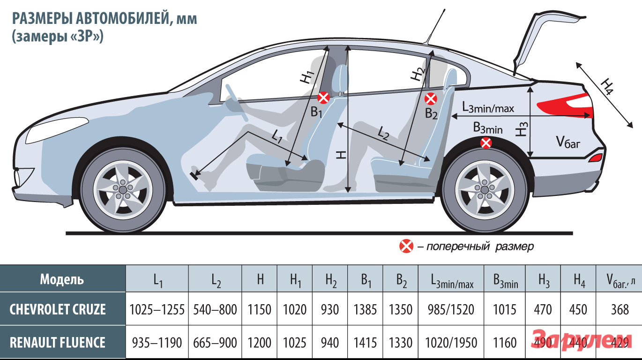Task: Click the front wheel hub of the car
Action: point(123,188)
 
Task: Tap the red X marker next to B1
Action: point(324,97)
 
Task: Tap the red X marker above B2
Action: point(431,99)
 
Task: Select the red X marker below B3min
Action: point(486,143)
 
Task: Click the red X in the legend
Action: point(406,246)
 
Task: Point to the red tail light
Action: point(567,107)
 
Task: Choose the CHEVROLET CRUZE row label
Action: point(58,309)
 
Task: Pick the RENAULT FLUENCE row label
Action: point(58,342)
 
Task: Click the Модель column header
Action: point(62,279)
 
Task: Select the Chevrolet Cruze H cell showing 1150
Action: point(260,309)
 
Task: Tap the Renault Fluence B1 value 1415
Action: point(365,343)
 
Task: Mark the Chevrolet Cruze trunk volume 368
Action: point(620,309)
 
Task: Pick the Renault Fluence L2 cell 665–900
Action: point(215,343)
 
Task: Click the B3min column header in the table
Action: point(505,280)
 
